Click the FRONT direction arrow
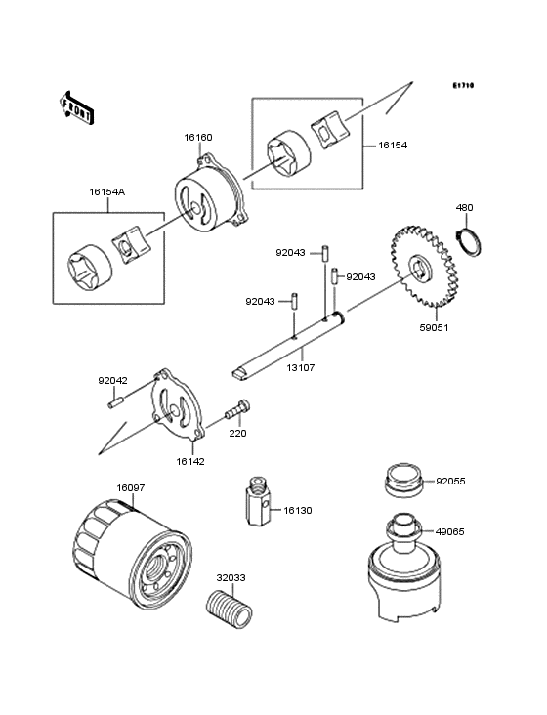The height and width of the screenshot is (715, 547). coord(76,108)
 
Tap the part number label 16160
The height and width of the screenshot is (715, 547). coord(198,138)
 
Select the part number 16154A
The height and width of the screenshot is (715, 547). coord(107,192)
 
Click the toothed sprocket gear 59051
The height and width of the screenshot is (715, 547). coord(423,267)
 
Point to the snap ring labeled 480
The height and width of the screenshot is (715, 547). coord(469,240)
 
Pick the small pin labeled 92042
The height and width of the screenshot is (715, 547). coord(116,403)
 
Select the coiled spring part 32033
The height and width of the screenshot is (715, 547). coord(230,610)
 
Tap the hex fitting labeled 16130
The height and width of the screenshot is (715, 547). coord(259,501)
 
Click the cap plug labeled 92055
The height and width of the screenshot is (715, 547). coord(403,481)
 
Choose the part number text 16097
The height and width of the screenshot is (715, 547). coord(130,488)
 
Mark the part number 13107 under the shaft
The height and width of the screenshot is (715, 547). coord(301,367)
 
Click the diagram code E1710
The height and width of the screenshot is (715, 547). coord(463,85)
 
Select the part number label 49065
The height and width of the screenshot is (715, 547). coord(450,531)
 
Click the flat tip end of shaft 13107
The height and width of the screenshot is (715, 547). coord(239,373)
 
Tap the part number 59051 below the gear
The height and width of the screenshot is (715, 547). coord(434,327)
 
